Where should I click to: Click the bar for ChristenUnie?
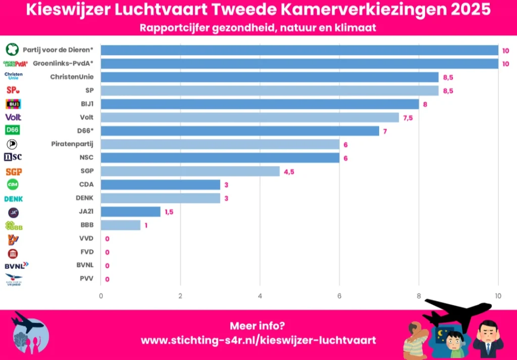[270, 77]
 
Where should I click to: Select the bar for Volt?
[250, 118]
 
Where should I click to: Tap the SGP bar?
[190, 171]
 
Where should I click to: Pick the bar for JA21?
[131, 212]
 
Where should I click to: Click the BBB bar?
[121, 225]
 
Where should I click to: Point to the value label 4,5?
[289, 172]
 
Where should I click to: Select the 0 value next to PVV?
[108, 279]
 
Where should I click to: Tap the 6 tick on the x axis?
[339, 296]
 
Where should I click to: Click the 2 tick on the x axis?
[180, 296]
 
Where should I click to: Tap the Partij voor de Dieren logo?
[12, 50]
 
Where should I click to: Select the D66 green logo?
[13, 131]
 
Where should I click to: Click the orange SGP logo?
[14, 172]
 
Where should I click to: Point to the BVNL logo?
[16, 265]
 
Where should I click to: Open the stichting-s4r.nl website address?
[258, 340]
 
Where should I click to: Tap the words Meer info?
[258, 326]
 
